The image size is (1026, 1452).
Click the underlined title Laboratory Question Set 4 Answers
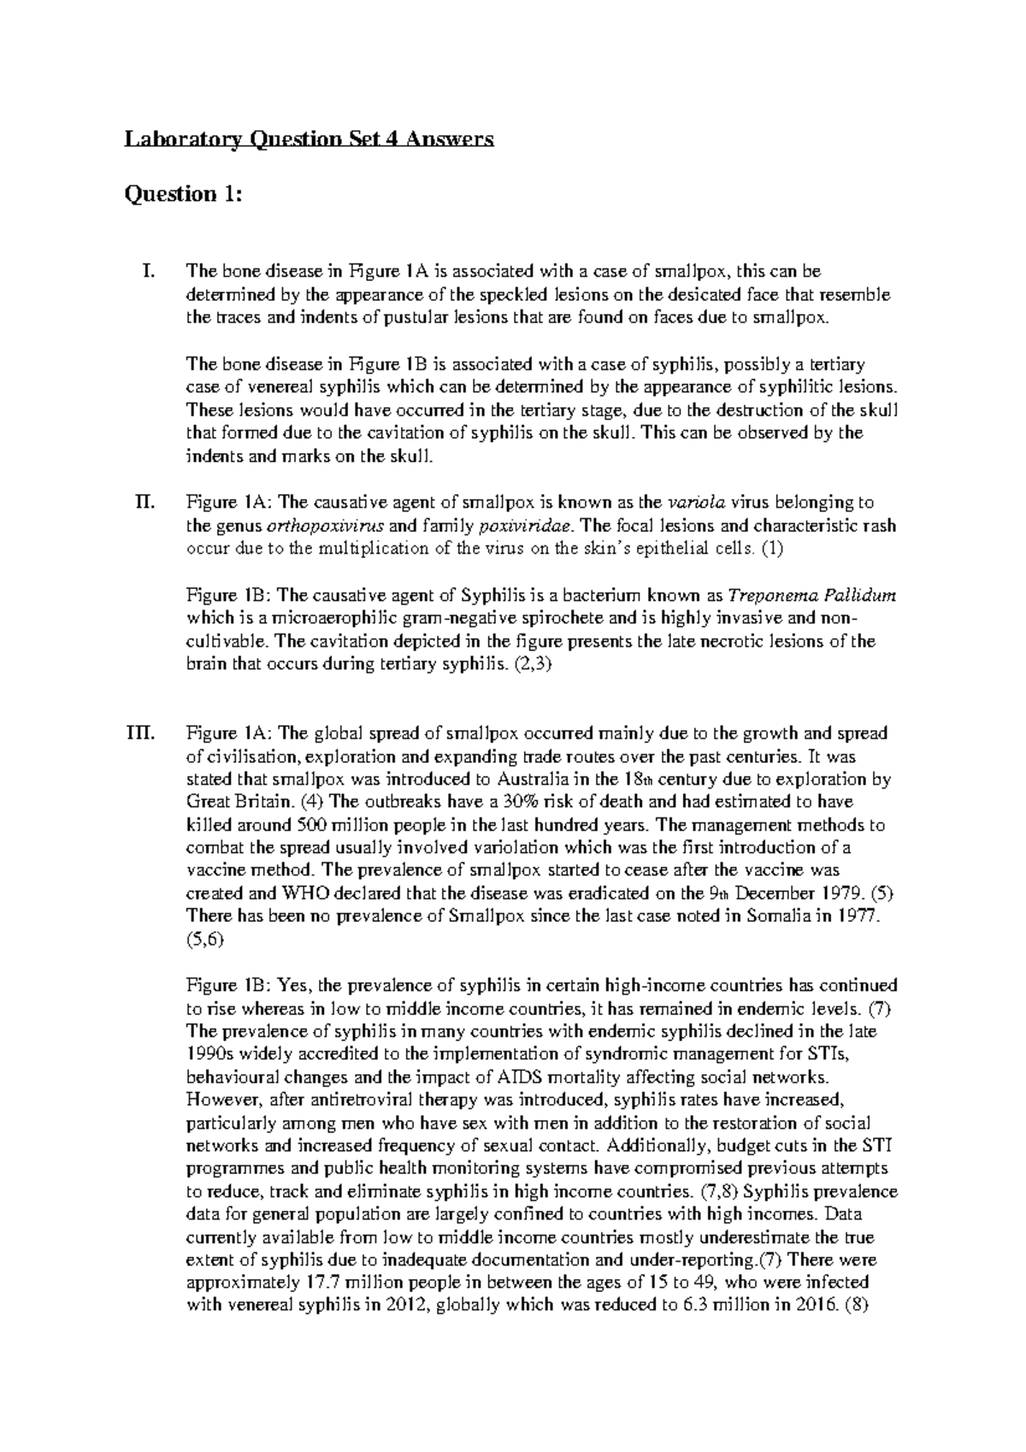tap(310, 139)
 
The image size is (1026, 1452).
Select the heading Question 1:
tap(184, 195)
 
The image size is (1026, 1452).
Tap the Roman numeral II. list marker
tap(146, 502)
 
